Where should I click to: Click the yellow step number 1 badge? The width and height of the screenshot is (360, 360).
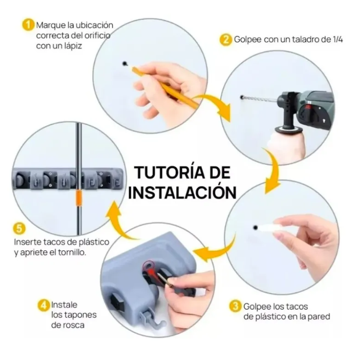tap(28, 25)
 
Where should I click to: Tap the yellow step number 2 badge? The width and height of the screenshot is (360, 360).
tap(225, 40)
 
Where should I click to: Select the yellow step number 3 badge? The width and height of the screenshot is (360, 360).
tap(235, 306)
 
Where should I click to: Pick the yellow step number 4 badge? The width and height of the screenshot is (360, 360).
tap(44, 306)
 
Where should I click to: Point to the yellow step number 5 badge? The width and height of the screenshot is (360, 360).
tap(19, 229)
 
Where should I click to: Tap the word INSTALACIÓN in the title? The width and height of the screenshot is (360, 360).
tap(182, 192)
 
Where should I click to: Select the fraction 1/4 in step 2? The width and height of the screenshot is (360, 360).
tap(338, 40)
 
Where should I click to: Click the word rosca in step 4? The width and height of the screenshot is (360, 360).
tap(74, 325)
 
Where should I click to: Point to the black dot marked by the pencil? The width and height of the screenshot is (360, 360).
tap(125, 63)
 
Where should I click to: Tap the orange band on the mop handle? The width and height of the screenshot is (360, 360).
tap(79, 197)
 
